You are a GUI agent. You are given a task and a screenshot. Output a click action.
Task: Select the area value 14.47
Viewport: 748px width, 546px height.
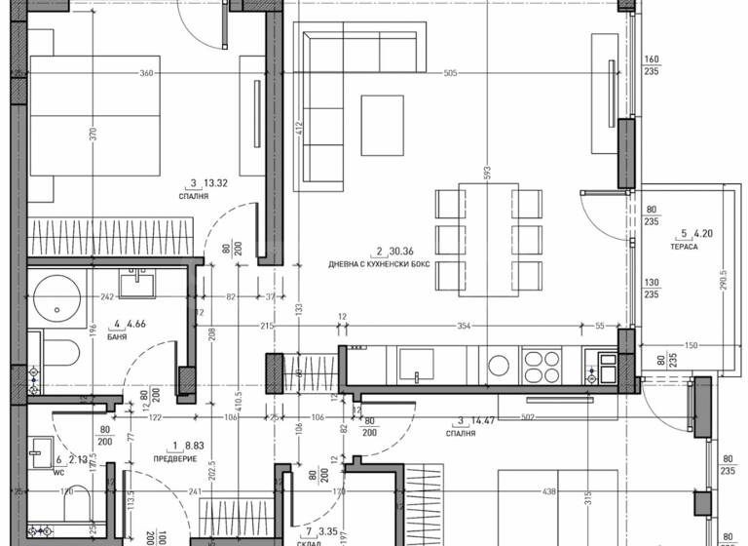[482, 421]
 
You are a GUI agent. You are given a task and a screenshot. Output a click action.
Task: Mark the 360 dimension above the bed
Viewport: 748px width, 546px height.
[146, 73]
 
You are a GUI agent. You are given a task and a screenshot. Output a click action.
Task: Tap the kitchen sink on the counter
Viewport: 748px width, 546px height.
[422, 365]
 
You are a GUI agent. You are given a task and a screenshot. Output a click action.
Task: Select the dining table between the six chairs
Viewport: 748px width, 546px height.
[487, 237]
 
